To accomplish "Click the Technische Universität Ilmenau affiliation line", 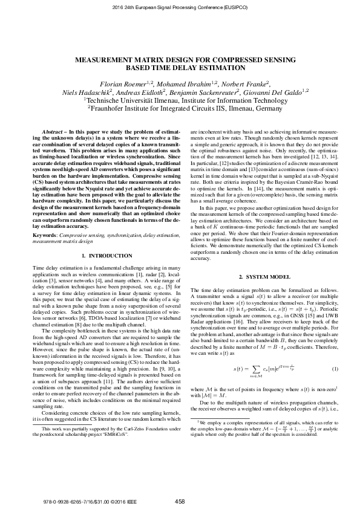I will coord(180,100).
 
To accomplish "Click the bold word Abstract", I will coord(51,131).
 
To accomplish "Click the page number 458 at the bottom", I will coord(180,501).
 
